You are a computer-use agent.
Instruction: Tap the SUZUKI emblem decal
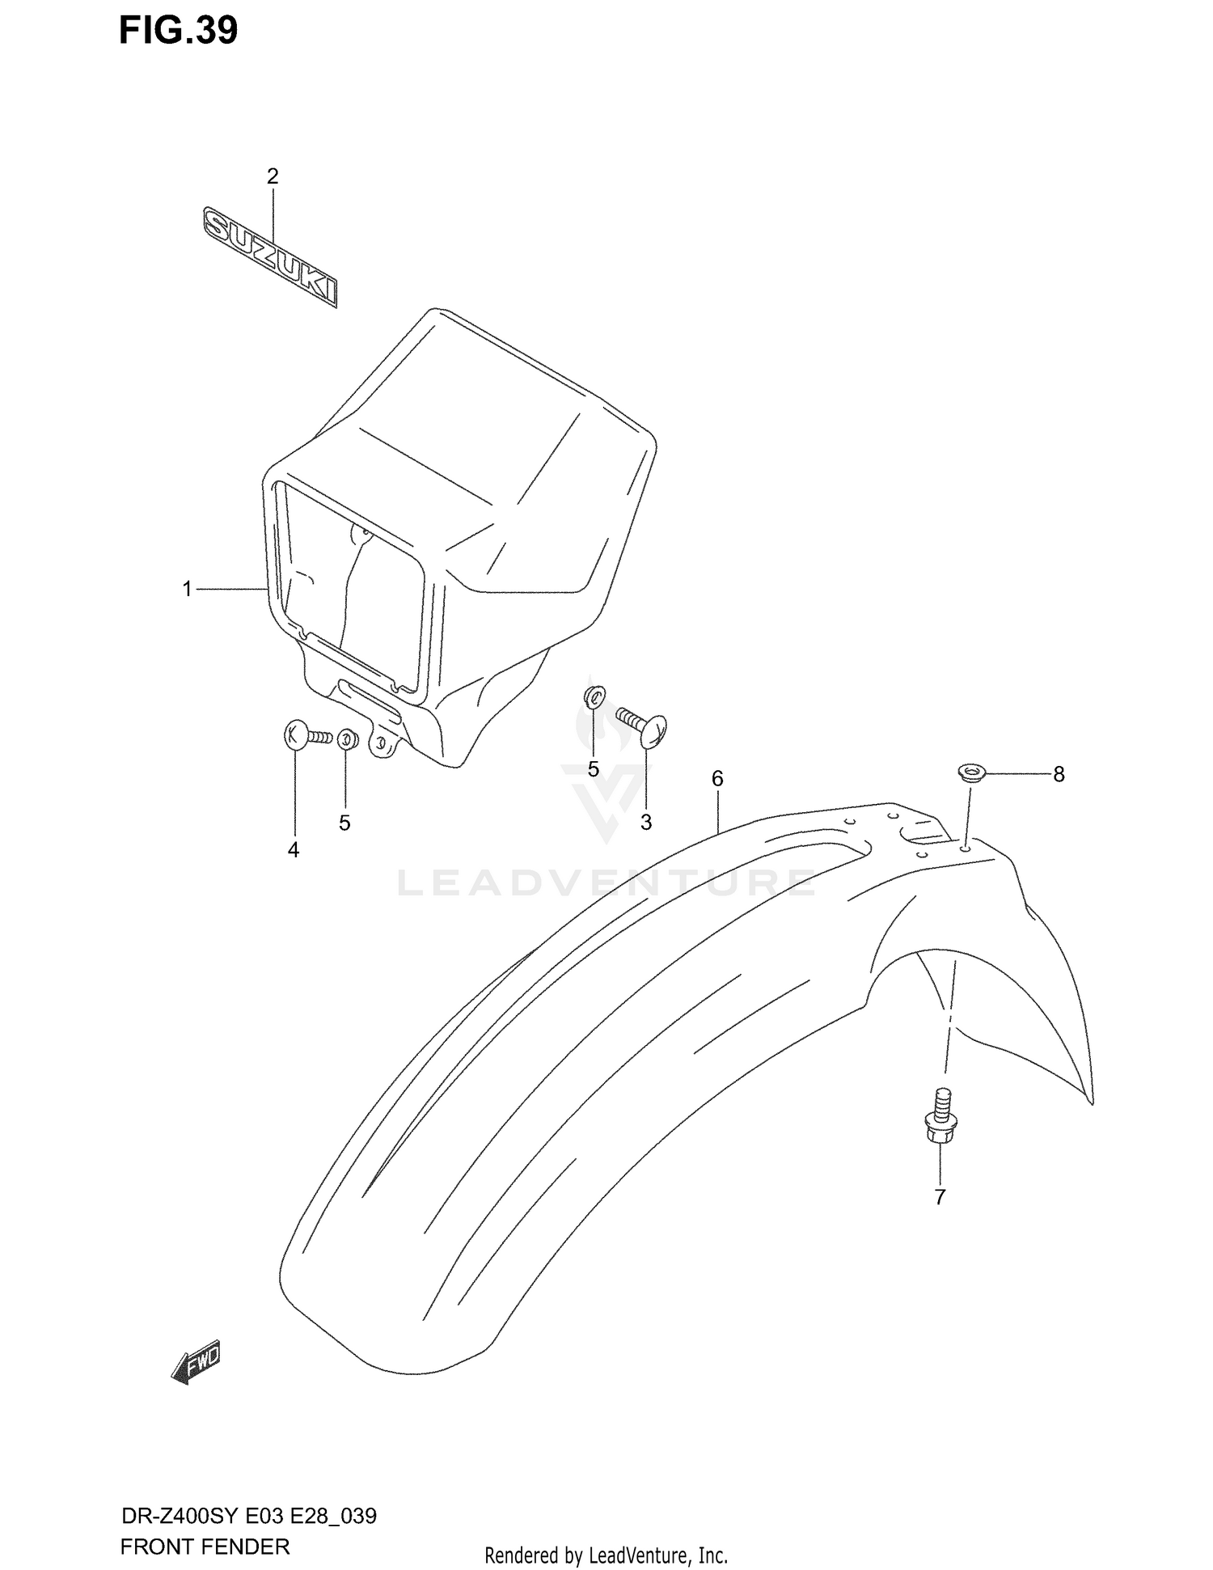pyautogui.click(x=270, y=257)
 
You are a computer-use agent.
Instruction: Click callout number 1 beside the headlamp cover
pyautogui.click(x=188, y=590)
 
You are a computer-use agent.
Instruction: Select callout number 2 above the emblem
pyautogui.click(x=273, y=176)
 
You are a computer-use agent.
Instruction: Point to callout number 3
pyautogui.click(x=646, y=822)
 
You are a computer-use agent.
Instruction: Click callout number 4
pyautogui.click(x=294, y=849)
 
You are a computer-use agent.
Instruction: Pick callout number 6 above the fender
pyautogui.click(x=717, y=778)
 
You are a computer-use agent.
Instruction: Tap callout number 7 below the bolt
pyautogui.click(x=940, y=1196)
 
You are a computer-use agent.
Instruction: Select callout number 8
pyautogui.click(x=1059, y=774)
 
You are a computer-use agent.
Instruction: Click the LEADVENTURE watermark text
pyautogui.click(x=606, y=883)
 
